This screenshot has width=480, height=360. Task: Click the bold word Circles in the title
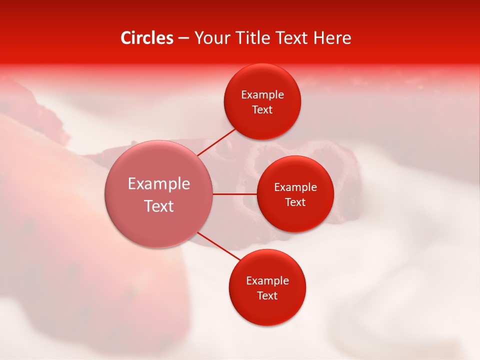(x=146, y=38)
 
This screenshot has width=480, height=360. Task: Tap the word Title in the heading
(x=252, y=38)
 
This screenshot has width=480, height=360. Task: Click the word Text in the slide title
(x=292, y=38)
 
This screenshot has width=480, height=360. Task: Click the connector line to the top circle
(x=217, y=142)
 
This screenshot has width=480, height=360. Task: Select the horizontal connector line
(x=234, y=194)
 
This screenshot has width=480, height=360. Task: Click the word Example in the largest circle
(x=159, y=184)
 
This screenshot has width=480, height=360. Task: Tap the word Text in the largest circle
(x=159, y=206)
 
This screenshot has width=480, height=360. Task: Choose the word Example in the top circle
(x=262, y=95)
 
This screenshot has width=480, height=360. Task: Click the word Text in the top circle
(x=262, y=110)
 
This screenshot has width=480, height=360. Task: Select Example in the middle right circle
(x=295, y=187)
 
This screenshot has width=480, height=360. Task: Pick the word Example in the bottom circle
(x=267, y=281)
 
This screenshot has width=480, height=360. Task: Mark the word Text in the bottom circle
(x=267, y=296)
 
